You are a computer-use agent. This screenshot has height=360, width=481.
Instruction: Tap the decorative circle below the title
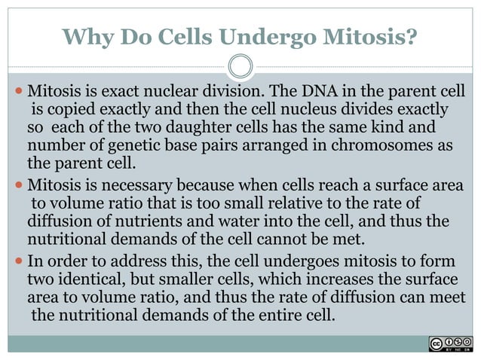[x=240, y=66]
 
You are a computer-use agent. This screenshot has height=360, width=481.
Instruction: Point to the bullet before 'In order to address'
[x=19, y=261]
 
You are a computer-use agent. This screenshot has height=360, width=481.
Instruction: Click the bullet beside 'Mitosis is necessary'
[x=19, y=185]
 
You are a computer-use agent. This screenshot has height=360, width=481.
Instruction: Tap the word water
[x=207, y=221]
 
